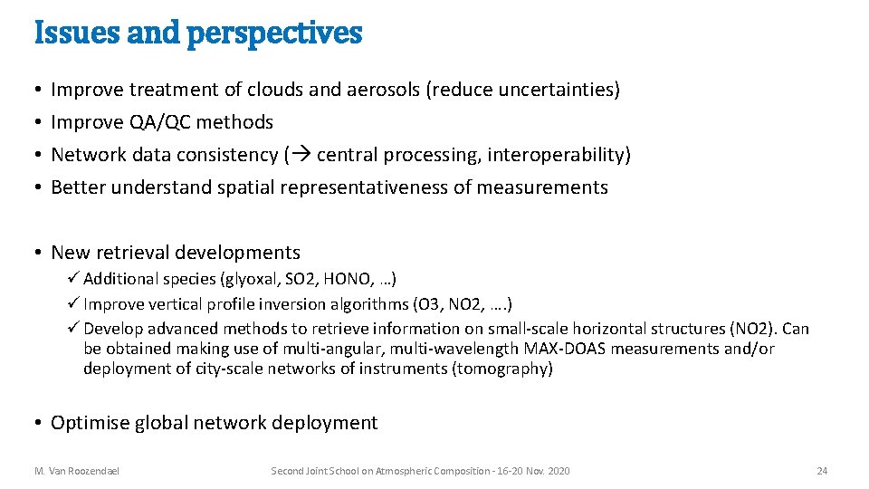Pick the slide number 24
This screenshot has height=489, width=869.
(821, 471)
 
